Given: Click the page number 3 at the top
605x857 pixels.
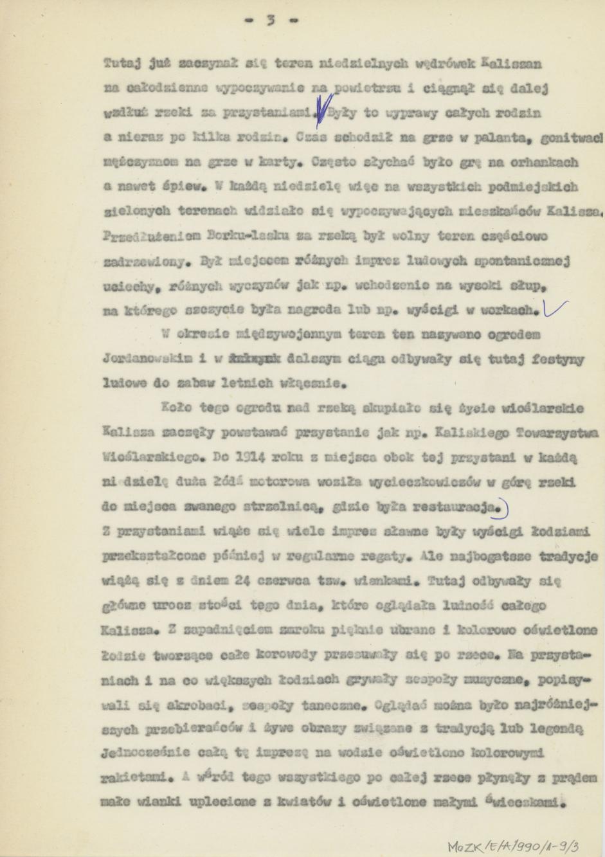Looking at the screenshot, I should click(x=271, y=20).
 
